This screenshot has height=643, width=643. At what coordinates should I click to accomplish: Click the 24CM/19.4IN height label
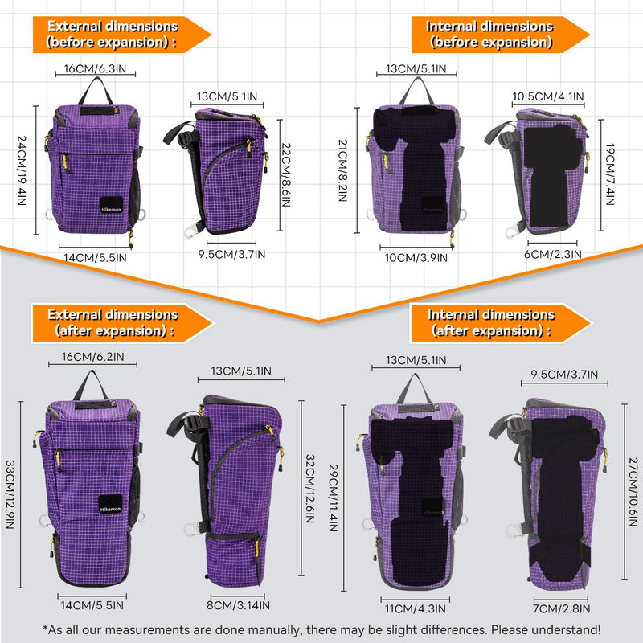(x=22, y=170)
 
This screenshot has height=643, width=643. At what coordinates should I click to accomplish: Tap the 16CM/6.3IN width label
(x=95, y=68)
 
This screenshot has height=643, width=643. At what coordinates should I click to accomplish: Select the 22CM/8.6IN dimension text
(x=286, y=174)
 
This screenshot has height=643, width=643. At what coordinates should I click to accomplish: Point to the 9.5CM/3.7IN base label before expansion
(x=231, y=254)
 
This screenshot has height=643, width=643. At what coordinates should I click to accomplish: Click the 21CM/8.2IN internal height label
(x=343, y=170)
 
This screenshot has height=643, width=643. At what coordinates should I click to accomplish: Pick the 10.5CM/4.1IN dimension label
(x=548, y=96)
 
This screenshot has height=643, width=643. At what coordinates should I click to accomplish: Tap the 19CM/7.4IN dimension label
(x=610, y=174)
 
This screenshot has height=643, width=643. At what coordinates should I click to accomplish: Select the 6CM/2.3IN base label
(x=553, y=254)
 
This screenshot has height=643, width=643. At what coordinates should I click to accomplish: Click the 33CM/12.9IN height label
(x=10, y=494)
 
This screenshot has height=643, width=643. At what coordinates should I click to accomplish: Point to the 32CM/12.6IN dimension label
(x=310, y=489)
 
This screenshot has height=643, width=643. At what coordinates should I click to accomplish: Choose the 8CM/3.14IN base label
(x=238, y=605)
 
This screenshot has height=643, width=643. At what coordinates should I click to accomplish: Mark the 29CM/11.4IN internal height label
(x=334, y=498)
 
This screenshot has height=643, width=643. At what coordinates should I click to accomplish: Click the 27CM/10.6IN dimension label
(x=633, y=492)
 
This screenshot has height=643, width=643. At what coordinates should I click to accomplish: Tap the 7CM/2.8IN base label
(x=561, y=609)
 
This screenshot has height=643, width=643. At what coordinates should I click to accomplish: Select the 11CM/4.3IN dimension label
(x=415, y=609)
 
